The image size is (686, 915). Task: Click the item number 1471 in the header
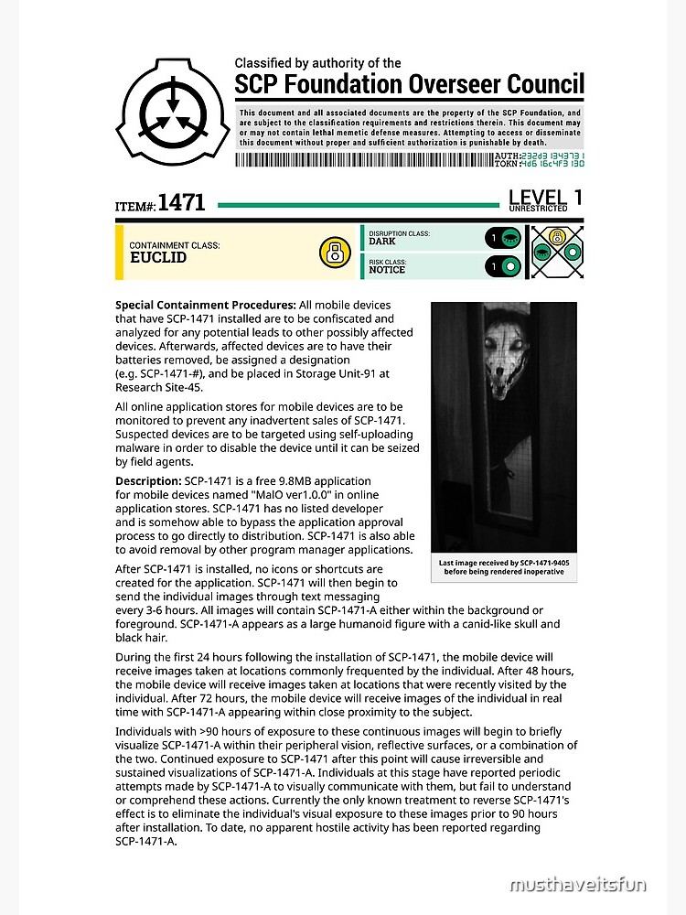click(181, 203)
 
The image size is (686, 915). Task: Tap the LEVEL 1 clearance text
click(545, 196)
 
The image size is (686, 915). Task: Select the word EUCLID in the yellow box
click(158, 258)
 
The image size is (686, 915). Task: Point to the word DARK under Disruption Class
click(382, 242)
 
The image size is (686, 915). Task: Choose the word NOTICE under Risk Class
click(387, 270)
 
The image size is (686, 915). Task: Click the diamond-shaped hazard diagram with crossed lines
click(555, 252)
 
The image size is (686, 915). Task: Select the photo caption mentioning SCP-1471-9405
click(503, 567)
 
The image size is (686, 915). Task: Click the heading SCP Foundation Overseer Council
click(409, 85)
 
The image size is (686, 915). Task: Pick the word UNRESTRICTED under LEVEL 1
click(538, 209)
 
